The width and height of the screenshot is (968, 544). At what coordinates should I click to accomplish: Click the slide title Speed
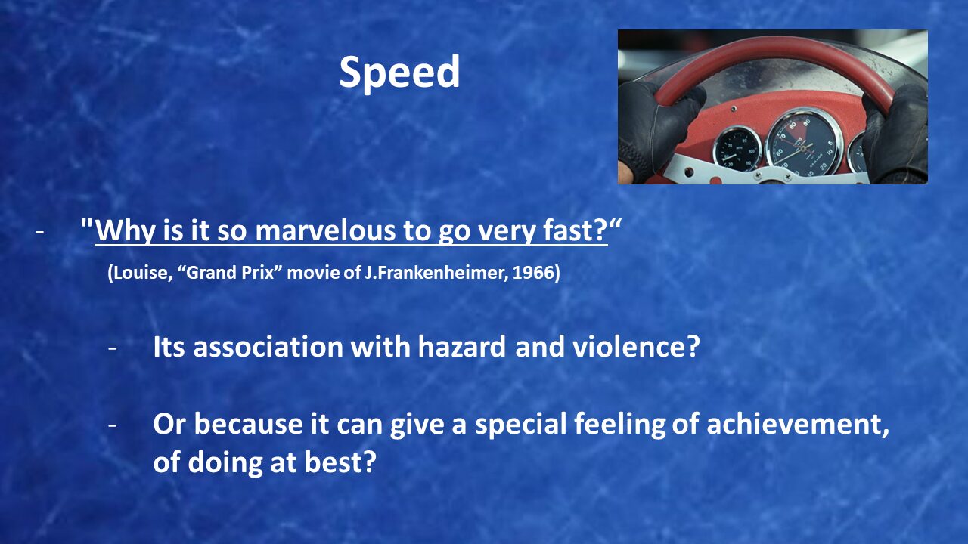point(399,73)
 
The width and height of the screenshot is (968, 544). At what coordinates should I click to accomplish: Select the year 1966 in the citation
point(533,273)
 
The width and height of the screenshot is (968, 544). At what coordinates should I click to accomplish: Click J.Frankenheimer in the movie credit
point(436,273)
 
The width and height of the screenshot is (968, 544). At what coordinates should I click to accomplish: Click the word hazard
point(461,346)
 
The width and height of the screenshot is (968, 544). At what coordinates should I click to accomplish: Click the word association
point(268,346)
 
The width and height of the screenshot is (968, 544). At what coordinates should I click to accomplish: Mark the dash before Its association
point(113,348)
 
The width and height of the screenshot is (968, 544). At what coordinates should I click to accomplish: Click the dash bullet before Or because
point(113,425)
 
